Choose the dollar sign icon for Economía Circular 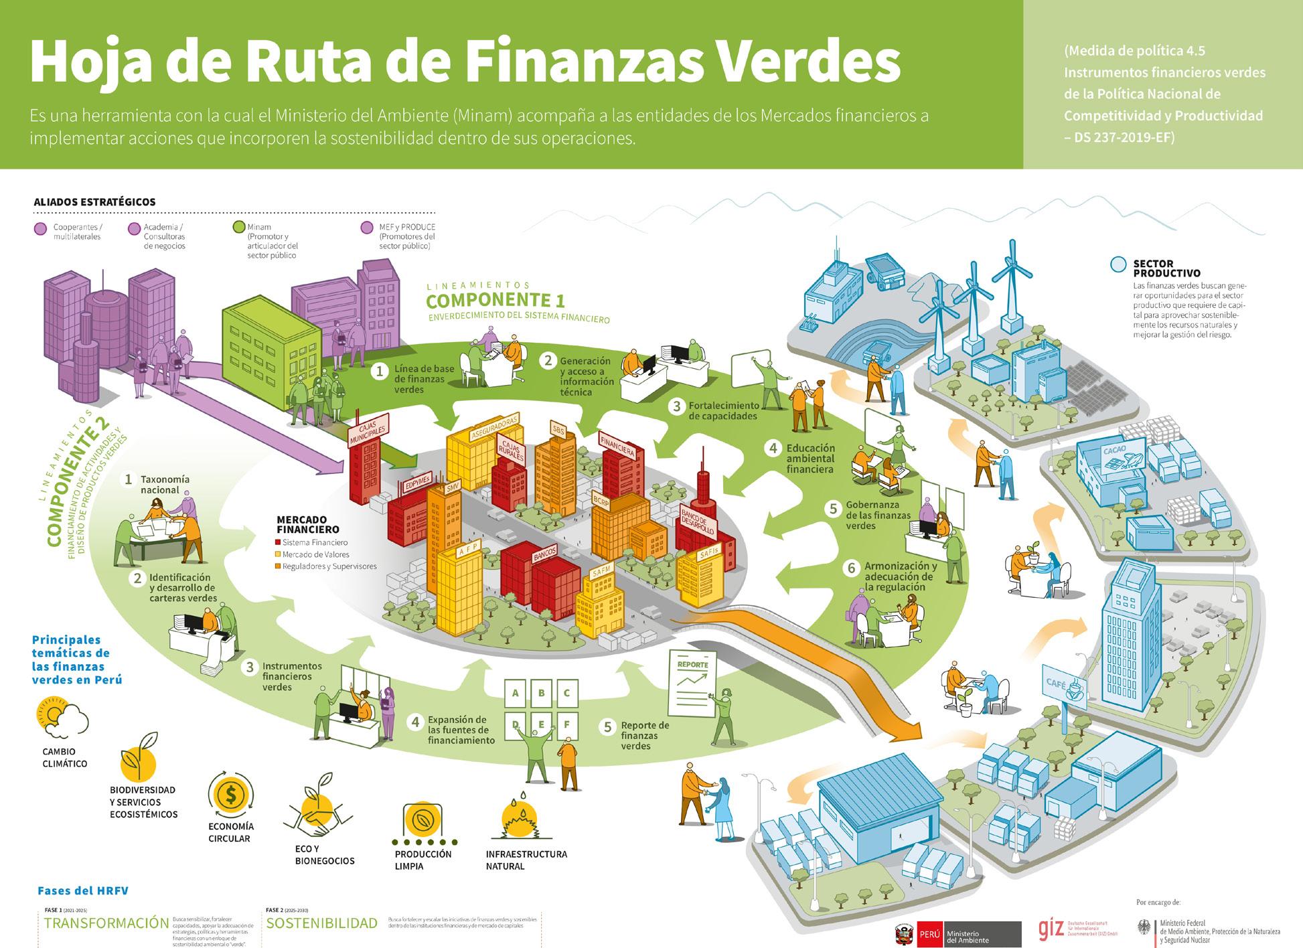(231, 795)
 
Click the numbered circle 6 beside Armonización (852, 568)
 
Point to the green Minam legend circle (238, 228)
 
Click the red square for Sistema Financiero (278, 542)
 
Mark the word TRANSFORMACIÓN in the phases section (106, 923)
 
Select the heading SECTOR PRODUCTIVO (1166, 268)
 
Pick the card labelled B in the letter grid (541, 693)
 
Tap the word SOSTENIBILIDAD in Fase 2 (322, 923)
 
